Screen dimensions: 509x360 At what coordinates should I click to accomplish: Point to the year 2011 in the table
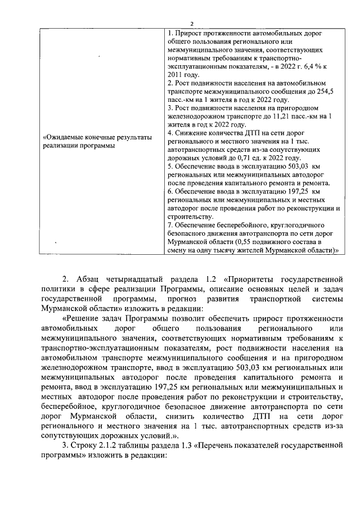point(175,74)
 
